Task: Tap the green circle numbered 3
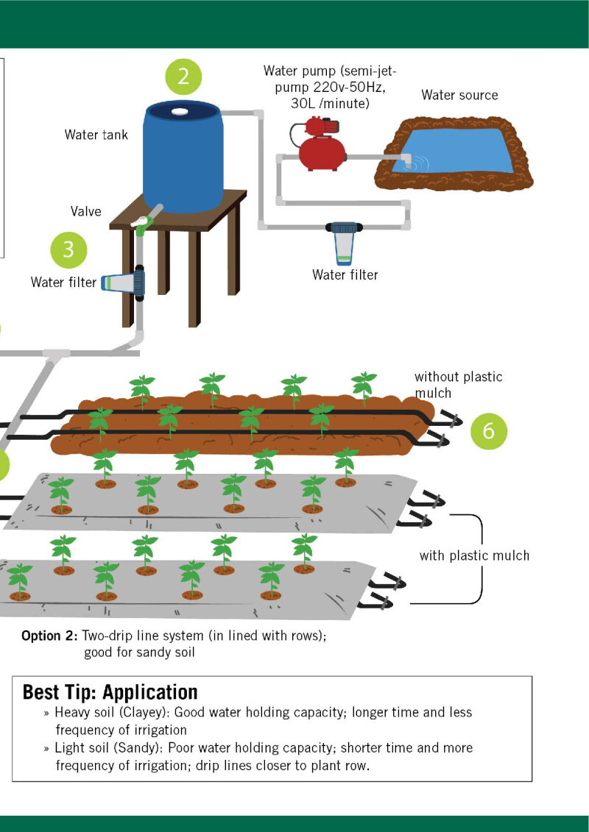(68, 249)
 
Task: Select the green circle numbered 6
(489, 430)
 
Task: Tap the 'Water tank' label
(96, 135)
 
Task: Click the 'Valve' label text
(86, 211)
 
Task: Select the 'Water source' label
(459, 95)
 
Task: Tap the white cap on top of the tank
(180, 111)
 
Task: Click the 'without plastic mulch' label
(458, 385)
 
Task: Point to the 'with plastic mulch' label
(474, 555)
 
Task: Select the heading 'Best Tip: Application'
(110, 692)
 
